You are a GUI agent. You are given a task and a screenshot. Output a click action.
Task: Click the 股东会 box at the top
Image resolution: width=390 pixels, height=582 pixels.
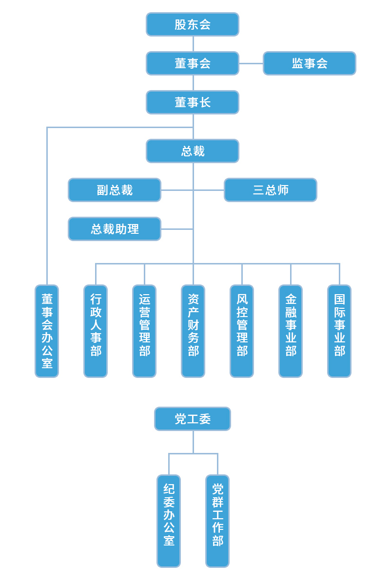point(193,24)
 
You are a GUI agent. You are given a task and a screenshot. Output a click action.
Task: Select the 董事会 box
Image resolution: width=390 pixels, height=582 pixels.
point(193,63)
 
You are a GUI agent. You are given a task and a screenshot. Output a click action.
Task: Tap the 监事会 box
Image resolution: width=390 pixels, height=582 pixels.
point(310,63)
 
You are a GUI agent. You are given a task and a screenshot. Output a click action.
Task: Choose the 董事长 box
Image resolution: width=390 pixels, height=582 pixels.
point(193,102)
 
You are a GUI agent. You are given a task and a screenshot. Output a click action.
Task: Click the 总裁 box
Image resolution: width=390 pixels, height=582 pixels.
point(193,151)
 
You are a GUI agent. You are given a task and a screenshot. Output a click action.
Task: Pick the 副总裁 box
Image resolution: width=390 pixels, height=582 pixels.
point(115,190)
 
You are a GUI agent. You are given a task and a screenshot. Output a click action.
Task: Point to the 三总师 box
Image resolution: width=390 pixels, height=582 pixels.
point(271,190)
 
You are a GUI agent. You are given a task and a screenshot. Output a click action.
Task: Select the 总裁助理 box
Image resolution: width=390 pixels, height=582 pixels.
point(115,229)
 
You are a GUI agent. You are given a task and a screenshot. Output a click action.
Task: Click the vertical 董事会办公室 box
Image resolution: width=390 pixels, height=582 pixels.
point(47,331)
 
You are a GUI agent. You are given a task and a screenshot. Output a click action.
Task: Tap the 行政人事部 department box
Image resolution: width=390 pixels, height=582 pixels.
point(96,331)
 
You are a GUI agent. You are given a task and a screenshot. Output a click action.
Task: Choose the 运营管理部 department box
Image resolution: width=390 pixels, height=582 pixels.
point(144,331)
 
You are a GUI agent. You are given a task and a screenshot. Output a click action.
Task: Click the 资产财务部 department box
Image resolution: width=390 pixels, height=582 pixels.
point(193,331)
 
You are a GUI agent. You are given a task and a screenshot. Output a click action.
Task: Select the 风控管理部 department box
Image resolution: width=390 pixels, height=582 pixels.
point(242,331)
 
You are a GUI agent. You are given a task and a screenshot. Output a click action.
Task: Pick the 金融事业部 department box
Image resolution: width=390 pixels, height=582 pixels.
point(291,331)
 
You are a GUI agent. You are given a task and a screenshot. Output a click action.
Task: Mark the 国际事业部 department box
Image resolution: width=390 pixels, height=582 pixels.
point(339,331)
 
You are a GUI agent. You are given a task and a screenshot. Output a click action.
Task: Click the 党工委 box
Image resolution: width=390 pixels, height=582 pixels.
point(193,419)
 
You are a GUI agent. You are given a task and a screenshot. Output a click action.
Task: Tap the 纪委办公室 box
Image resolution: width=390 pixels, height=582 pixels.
point(169,521)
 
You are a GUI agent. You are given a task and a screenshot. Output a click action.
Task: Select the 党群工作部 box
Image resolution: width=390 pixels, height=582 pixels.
point(217,521)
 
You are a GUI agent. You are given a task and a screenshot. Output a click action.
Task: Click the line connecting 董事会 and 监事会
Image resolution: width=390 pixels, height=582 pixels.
point(251,63)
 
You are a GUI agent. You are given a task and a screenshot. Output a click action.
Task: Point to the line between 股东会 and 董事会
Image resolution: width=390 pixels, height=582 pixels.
point(193,44)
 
